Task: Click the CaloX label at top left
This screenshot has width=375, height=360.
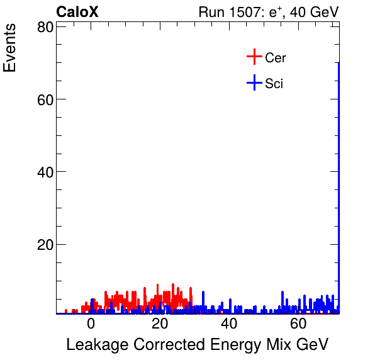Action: (x=77, y=12)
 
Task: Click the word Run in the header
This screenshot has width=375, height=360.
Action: (x=211, y=12)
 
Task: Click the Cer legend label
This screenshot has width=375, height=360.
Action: (x=276, y=58)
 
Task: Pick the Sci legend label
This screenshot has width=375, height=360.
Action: (x=274, y=84)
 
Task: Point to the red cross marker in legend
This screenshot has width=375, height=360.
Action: (x=254, y=57)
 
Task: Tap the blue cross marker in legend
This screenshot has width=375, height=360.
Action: (x=254, y=83)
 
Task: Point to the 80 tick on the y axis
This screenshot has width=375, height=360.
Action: (x=44, y=27)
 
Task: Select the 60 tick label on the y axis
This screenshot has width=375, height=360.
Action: (x=44, y=99)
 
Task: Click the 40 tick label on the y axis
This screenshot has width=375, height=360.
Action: (x=44, y=172)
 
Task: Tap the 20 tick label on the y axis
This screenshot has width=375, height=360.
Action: (x=44, y=244)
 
